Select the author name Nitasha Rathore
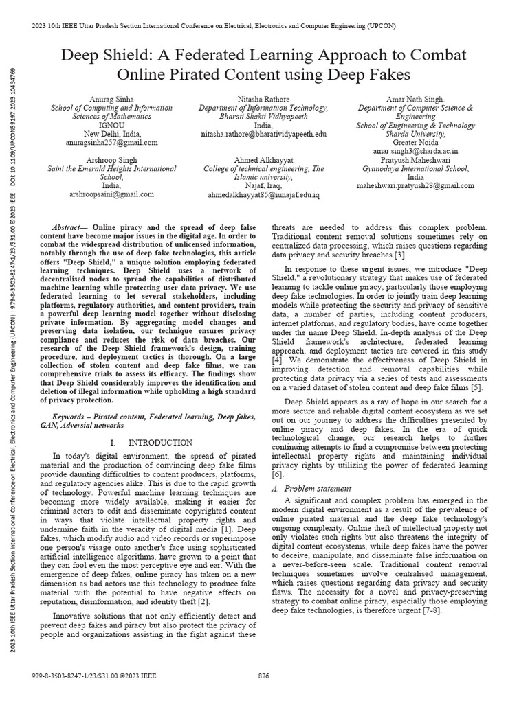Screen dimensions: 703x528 263,100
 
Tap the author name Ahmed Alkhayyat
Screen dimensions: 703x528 263,159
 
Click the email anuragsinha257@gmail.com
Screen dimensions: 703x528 111,143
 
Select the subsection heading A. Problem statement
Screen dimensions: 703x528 312,488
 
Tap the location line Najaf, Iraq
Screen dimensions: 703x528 263,186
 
